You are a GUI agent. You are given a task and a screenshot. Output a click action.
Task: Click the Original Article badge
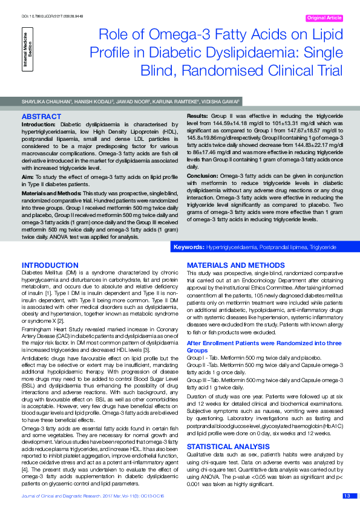click(324, 18)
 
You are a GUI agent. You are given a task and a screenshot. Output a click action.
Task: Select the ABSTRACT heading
click(41, 115)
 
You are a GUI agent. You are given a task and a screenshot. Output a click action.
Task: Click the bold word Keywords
click(188, 248)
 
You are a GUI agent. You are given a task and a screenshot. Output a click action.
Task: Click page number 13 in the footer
click(347, 496)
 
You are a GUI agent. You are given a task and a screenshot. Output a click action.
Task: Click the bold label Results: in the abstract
click(197, 115)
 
